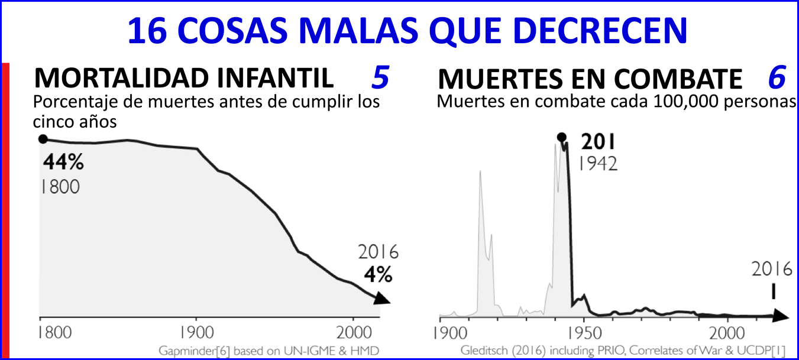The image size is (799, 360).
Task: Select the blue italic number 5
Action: (x=380, y=77)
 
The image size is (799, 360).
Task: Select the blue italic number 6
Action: (x=777, y=77)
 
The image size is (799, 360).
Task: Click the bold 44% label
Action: (x=62, y=163)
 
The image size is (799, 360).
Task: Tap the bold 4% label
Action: (x=377, y=274)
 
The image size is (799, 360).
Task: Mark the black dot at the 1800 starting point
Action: (x=43, y=139)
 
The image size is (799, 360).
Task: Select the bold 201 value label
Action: (x=598, y=142)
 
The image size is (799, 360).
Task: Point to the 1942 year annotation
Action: (x=598, y=163)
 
